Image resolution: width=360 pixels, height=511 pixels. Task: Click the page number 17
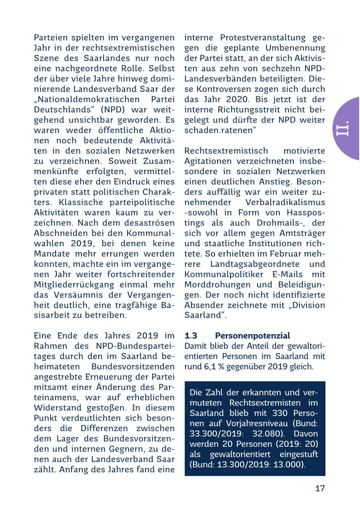pyautogui.click(x=320, y=489)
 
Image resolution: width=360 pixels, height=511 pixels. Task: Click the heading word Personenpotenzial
pyautogui.click(x=252, y=336)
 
